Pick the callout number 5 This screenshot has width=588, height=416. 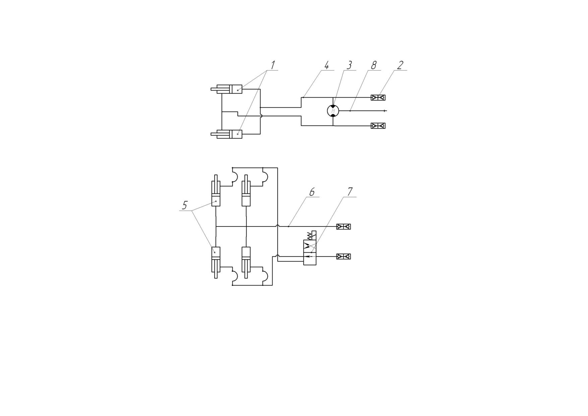[185, 205]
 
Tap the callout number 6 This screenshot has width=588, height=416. [312, 192]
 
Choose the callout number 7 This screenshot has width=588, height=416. [350, 192]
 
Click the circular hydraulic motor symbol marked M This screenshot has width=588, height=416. [333, 110]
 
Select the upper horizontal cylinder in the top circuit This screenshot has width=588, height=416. [226, 89]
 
